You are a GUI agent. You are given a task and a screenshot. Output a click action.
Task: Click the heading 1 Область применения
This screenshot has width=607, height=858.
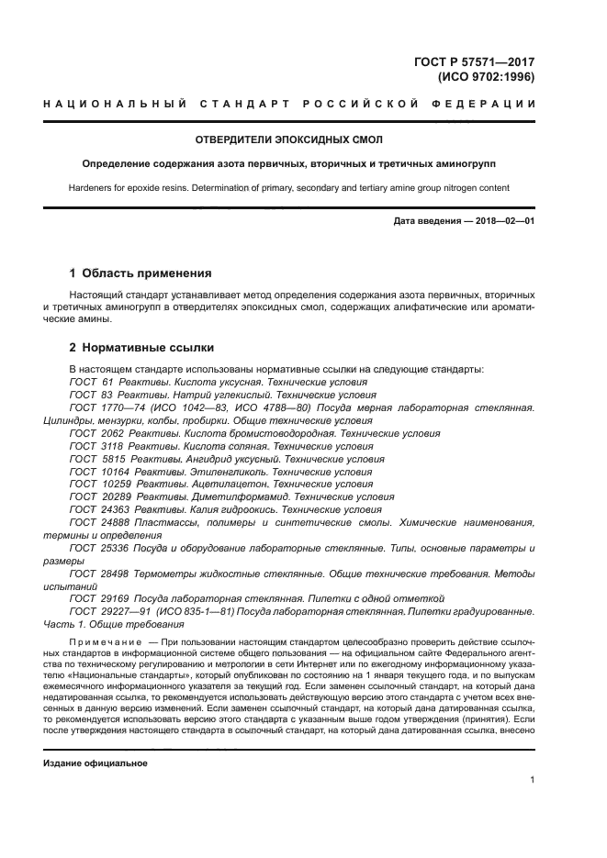coord(141,273)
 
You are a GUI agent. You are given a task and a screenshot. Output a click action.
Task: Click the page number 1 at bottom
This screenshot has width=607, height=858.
coord(532,780)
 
